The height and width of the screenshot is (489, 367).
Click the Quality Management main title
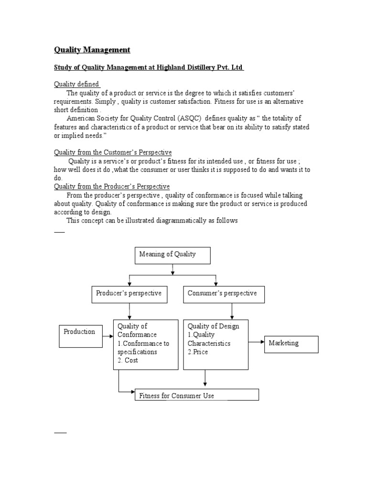[91, 50]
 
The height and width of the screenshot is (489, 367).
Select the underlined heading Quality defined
[76, 84]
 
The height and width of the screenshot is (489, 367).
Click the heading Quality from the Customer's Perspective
[112, 152]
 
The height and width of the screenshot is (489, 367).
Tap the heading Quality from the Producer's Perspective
[111, 186]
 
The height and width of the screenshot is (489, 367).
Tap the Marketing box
[291, 344]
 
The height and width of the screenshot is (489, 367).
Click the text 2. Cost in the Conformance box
[128, 361]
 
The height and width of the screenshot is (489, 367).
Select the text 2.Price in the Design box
[198, 352]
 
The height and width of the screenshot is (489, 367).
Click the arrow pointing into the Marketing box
[257, 342]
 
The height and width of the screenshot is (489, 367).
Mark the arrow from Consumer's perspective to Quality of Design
[232, 311]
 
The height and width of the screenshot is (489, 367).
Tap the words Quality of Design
[213, 326]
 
